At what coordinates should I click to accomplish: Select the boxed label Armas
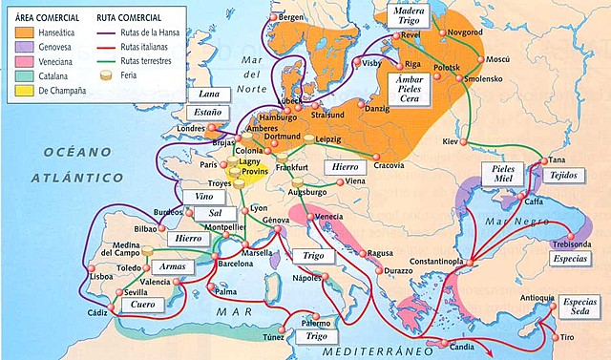point(172,266)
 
